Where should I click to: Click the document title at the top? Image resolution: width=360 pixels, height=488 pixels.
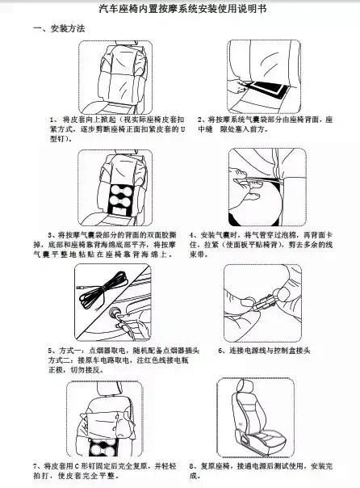click(x=179, y=9)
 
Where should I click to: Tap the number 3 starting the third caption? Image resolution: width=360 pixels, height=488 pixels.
click(x=50, y=235)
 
